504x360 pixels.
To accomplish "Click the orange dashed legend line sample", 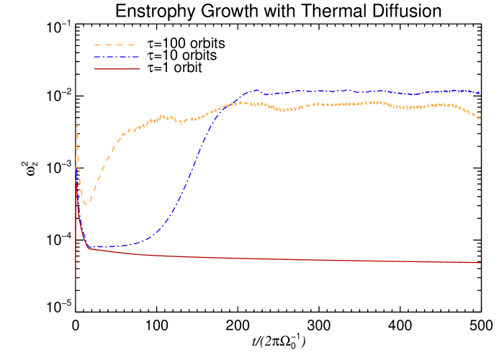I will [115, 45].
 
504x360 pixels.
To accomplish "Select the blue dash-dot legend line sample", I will [116, 57].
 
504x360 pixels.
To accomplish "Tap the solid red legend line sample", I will [117, 69].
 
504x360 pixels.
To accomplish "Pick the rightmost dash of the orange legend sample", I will [131, 45].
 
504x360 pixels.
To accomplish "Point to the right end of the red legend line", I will [140, 69].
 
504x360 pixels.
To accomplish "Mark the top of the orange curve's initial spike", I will [76, 124].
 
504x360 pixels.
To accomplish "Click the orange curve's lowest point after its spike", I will [86, 205].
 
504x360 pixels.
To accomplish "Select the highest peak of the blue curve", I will [255, 90].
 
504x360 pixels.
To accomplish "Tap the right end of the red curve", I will [480, 263].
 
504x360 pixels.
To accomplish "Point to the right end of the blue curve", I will [480, 93].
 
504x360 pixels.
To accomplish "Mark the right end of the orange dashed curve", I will [480, 117].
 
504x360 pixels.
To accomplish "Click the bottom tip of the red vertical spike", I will [76, 279].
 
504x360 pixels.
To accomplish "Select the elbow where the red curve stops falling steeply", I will [89, 248].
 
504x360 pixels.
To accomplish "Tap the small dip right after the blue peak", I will [266, 94].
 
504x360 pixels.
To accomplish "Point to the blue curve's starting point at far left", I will [76, 167].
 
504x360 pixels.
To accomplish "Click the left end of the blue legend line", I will [95, 57].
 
